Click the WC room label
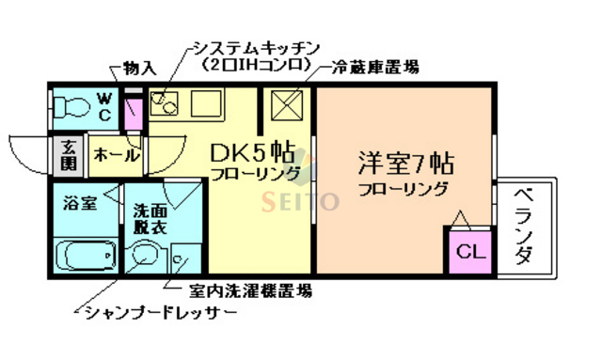[104, 106]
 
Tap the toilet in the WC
[70, 106]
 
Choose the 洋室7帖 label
[405, 163]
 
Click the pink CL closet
[467, 251]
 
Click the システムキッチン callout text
[254, 48]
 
